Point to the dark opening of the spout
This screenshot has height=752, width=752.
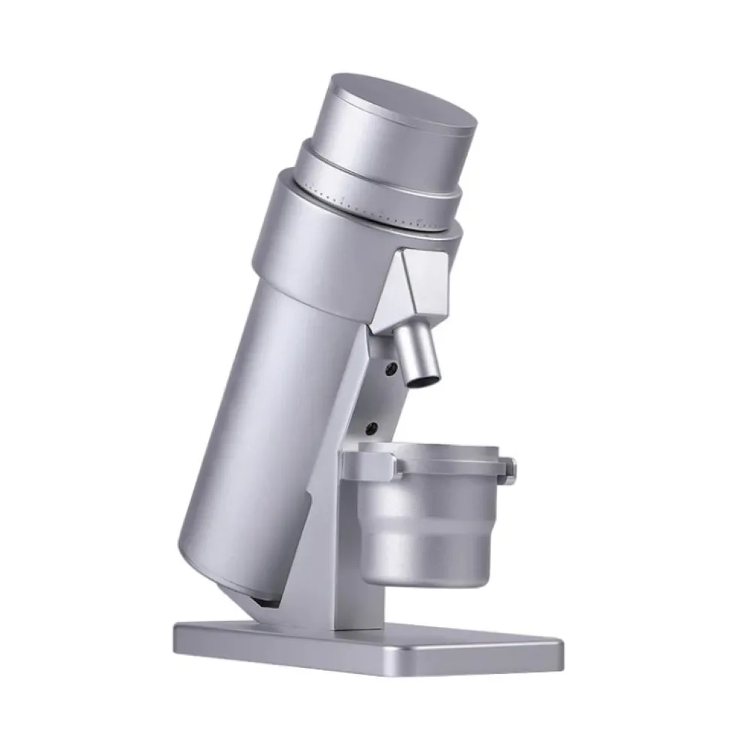(421, 381)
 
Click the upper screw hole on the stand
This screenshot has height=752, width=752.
(390, 368)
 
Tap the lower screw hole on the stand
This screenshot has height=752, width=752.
(372, 428)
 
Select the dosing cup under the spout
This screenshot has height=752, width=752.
(425, 519)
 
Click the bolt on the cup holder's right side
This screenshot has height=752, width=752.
(511, 470)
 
